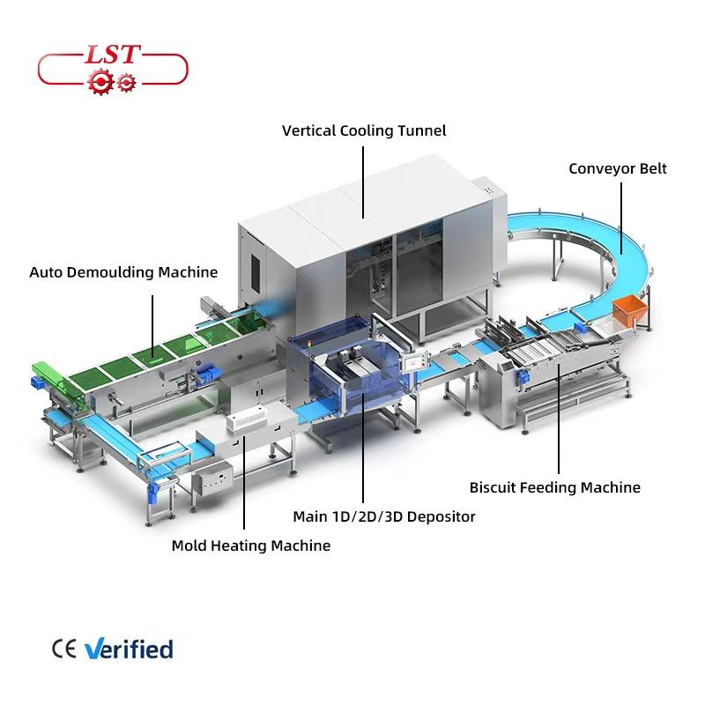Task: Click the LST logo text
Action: click(113, 56)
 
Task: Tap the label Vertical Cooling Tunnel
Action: click(364, 130)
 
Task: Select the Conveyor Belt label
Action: click(617, 168)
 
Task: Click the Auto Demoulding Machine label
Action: click(123, 271)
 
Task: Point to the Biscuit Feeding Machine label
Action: click(554, 487)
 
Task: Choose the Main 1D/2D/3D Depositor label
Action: click(384, 516)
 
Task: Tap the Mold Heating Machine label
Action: click(251, 545)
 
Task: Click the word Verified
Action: click(129, 650)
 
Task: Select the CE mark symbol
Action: click(64, 650)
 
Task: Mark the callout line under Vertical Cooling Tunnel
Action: click(364, 181)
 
